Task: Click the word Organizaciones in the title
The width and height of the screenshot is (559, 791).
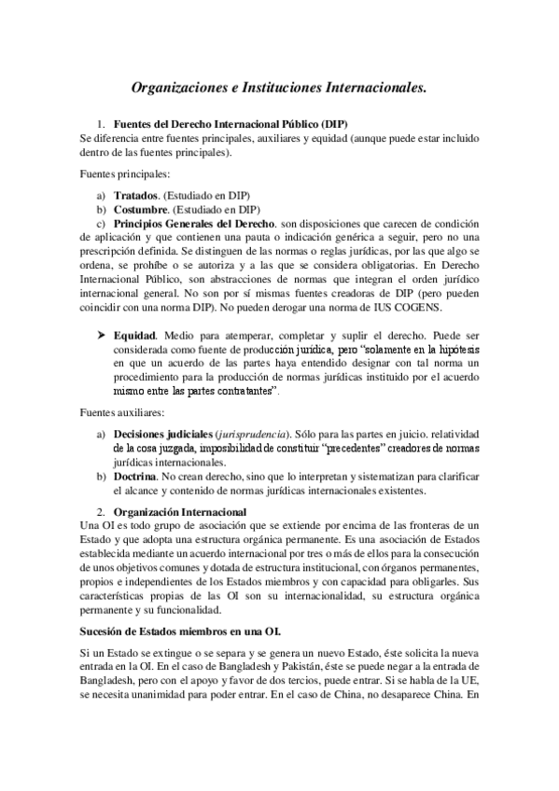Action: point(183,89)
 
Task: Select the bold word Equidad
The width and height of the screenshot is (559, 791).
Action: point(133,333)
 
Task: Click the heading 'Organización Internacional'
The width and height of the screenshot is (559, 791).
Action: point(180,512)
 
